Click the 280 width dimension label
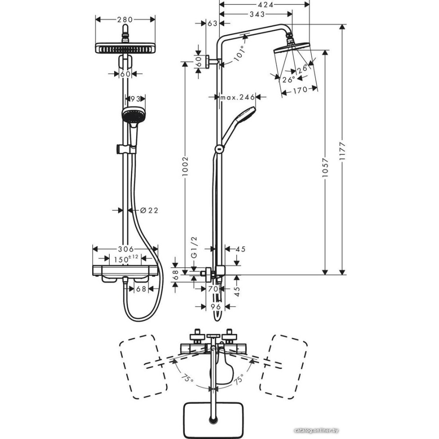click(126, 19)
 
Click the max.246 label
click(237, 97)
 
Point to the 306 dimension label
click(125, 249)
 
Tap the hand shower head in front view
click(132, 115)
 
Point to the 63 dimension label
click(212, 24)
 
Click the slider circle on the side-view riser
click(218, 149)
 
